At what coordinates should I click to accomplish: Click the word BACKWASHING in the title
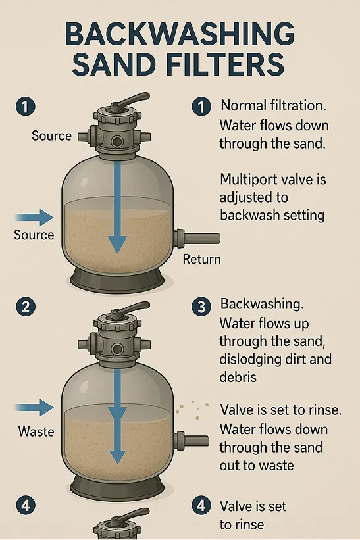coord(180,34)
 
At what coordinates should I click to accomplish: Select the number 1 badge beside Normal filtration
coord(201,107)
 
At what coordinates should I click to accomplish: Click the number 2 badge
coord(26,306)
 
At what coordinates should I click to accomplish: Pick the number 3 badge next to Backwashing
coord(201,306)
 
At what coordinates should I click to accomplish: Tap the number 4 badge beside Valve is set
coord(201,506)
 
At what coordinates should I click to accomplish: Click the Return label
coord(201,259)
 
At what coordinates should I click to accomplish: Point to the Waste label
coord(36,431)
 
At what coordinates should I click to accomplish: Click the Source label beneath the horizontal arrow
coord(34,235)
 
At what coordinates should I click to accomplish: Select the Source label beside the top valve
coord(52,135)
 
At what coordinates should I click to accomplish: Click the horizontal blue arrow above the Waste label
coord(34,408)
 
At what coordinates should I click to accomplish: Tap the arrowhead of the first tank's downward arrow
coord(117,245)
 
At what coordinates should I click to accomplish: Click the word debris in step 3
coord(238,377)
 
